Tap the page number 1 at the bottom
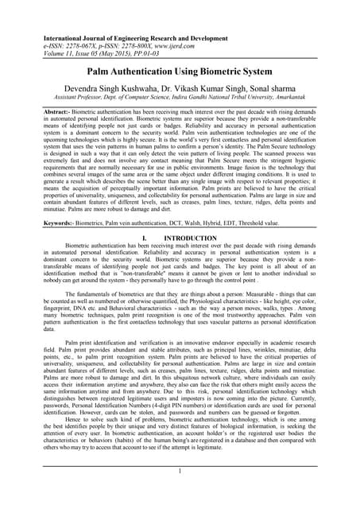point(180,494)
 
